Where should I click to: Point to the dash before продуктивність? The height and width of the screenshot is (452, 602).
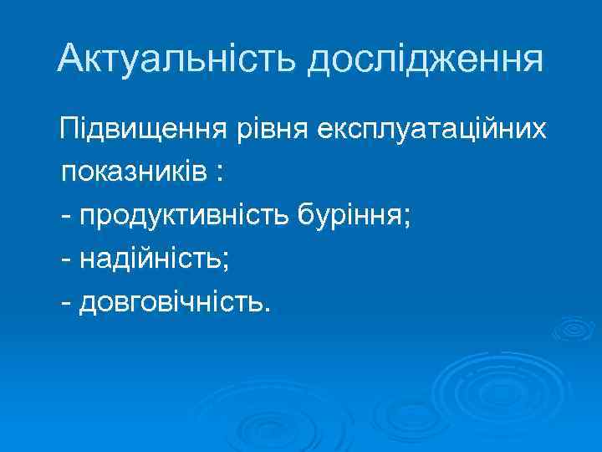point(66,218)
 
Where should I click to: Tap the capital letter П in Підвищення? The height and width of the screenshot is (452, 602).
point(68,131)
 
